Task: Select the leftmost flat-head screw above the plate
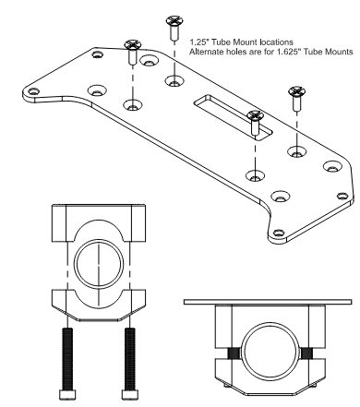pos(132,50)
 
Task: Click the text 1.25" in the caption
pos(200,42)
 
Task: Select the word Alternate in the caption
pos(206,52)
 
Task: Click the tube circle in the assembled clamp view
pos(264,353)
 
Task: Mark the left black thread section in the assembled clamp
pos(226,353)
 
